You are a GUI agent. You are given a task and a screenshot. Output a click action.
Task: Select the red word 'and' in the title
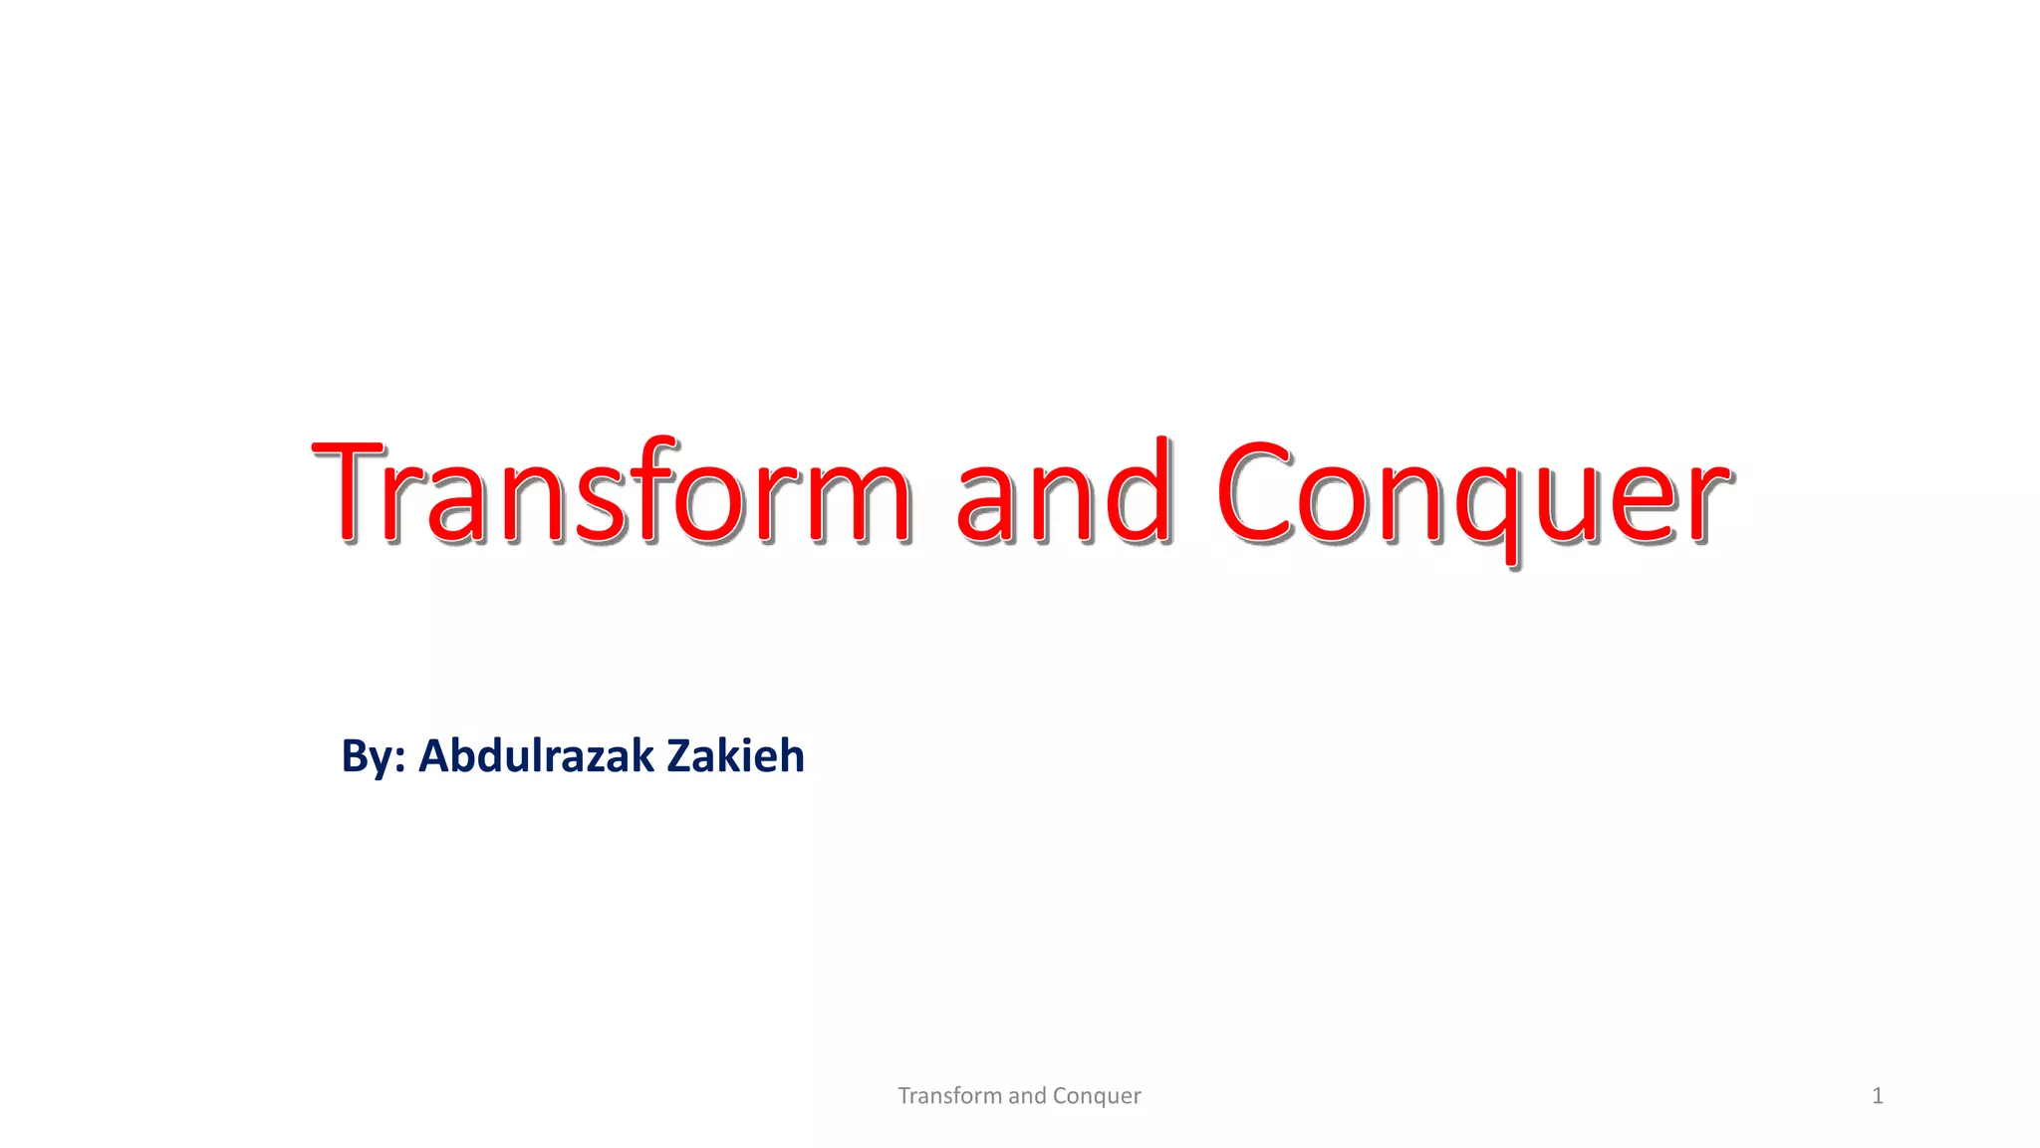click(x=1063, y=493)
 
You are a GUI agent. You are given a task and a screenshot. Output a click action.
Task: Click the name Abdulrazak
click(x=536, y=755)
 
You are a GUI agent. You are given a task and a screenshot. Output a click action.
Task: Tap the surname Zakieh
click(x=735, y=755)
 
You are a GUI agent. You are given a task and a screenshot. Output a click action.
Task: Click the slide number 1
click(x=1878, y=1096)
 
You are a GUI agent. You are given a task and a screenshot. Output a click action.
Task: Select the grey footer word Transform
click(x=949, y=1096)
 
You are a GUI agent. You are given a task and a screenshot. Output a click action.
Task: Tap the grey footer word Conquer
click(x=1097, y=1096)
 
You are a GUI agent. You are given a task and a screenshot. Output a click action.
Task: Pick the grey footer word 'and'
click(x=1027, y=1096)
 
